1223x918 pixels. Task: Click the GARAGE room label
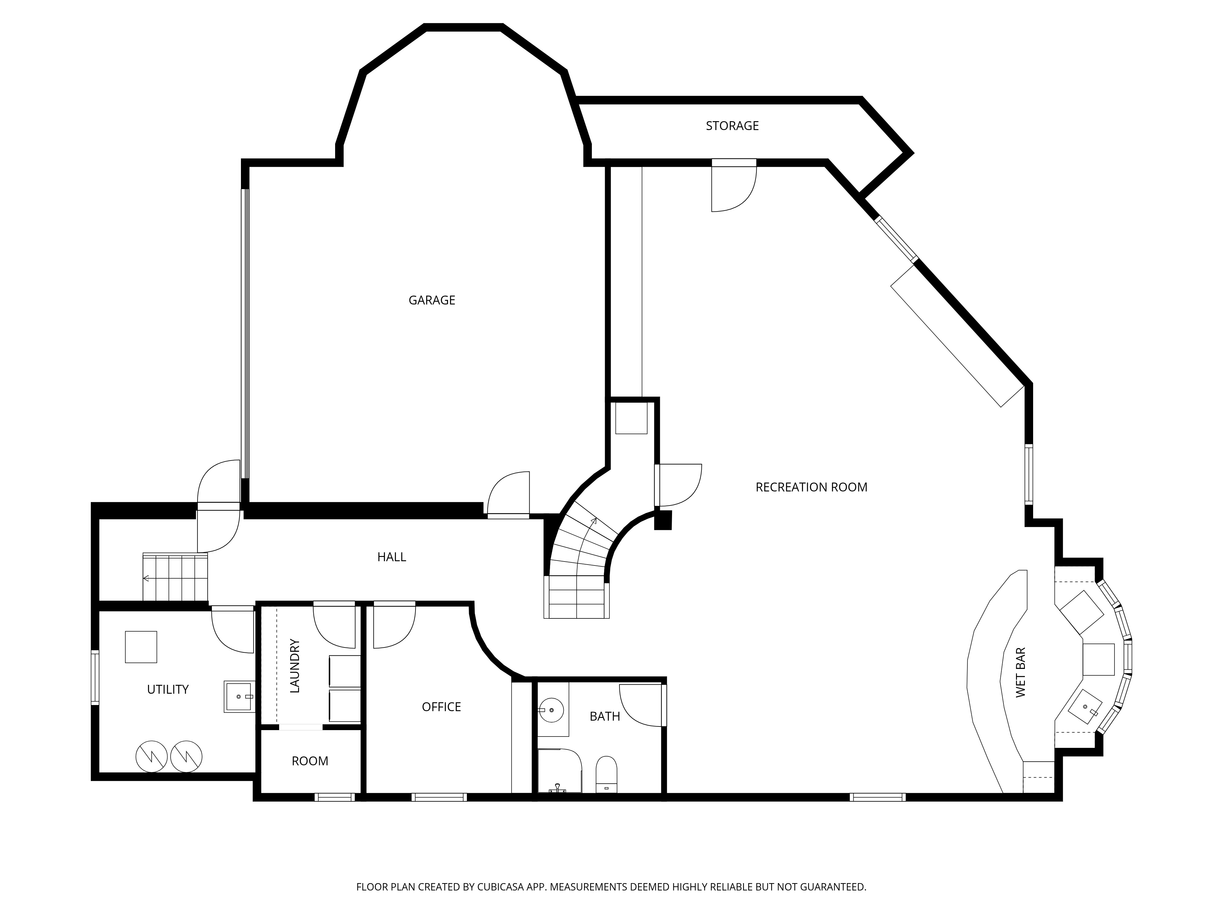[432, 300]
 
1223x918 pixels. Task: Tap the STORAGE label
[732, 125]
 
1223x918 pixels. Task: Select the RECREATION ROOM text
[811, 487]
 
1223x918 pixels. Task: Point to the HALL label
[391, 557]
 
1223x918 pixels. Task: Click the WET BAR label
[1021, 672]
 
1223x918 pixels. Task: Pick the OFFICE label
[441, 707]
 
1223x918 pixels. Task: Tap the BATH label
[605, 716]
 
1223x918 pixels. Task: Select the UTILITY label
[168, 689]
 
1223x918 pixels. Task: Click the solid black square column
[663, 520]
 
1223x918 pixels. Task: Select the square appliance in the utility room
[141, 647]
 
